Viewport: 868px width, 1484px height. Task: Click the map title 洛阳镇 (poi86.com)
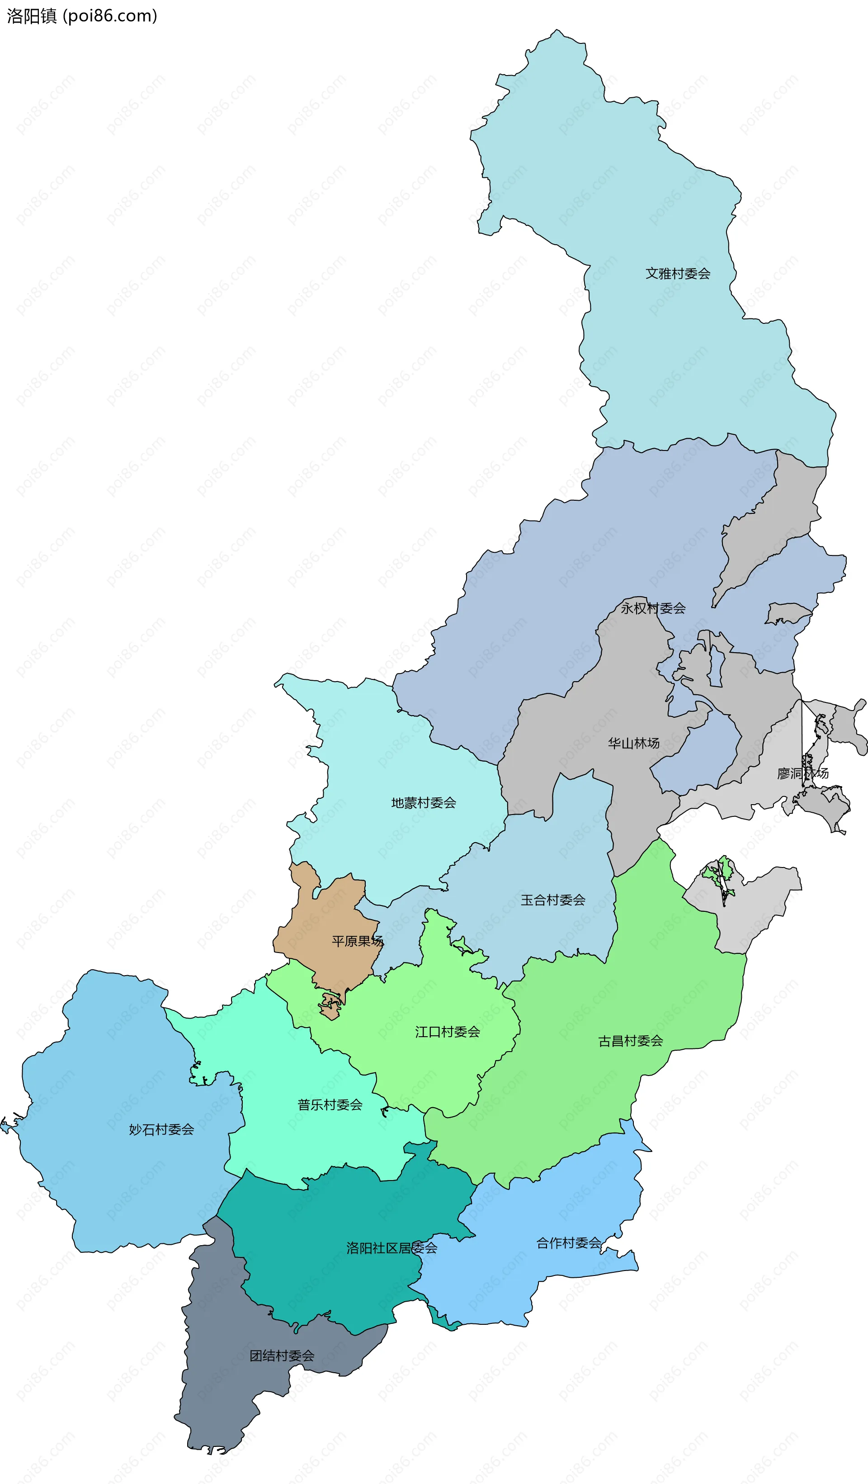click(x=82, y=16)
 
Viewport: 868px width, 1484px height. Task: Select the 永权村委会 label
click(x=653, y=608)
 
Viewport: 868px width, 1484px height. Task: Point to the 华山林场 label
click(x=633, y=743)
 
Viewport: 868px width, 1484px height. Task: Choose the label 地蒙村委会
click(x=423, y=803)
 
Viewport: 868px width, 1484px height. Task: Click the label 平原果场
click(x=357, y=941)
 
